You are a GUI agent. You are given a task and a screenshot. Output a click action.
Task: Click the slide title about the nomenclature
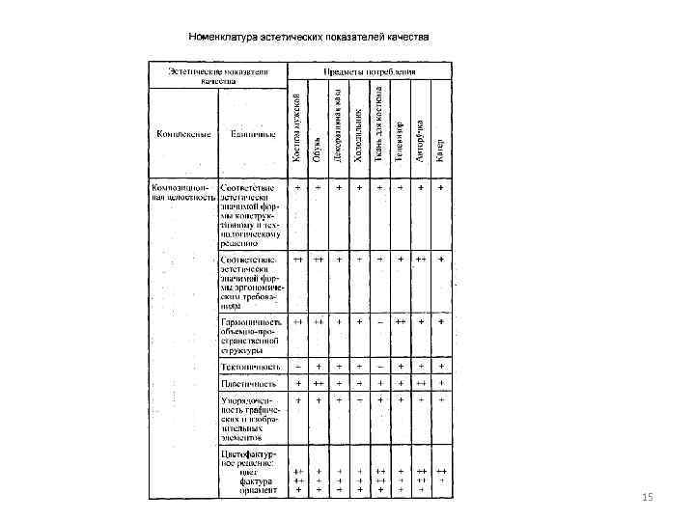(x=308, y=37)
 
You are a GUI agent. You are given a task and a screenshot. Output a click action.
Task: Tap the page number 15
(x=647, y=497)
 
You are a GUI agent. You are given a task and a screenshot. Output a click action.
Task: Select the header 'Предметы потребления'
(x=371, y=71)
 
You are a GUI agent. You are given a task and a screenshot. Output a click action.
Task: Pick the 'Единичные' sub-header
(x=250, y=133)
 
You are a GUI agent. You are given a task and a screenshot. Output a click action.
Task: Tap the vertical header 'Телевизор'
(x=400, y=140)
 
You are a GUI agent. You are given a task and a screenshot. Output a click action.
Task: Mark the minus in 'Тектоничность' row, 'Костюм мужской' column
(x=297, y=367)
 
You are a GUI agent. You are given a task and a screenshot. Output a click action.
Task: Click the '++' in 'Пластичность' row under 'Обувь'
(x=318, y=383)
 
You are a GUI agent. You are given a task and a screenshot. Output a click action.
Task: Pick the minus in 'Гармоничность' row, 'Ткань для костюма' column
(x=379, y=320)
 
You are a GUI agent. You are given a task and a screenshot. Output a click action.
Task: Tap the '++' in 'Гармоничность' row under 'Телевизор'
(x=400, y=320)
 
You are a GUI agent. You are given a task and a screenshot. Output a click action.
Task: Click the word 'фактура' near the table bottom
(x=258, y=480)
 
